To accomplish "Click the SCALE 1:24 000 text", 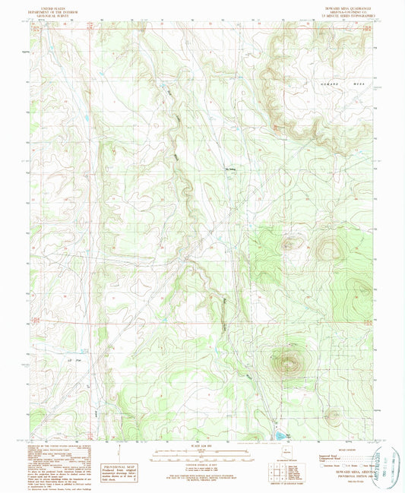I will (202, 446).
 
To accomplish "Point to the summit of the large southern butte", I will (288, 363).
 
